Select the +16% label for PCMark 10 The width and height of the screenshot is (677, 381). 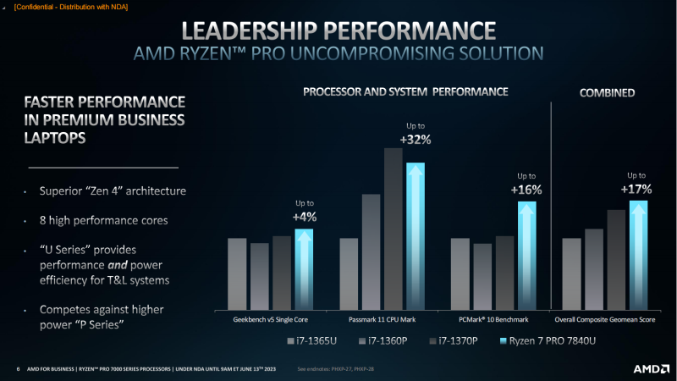coord(526,190)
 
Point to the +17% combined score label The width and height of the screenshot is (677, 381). coord(637,190)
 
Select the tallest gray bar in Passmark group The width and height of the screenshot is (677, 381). coord(392,229)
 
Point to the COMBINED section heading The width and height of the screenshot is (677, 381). coord(607,91)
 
